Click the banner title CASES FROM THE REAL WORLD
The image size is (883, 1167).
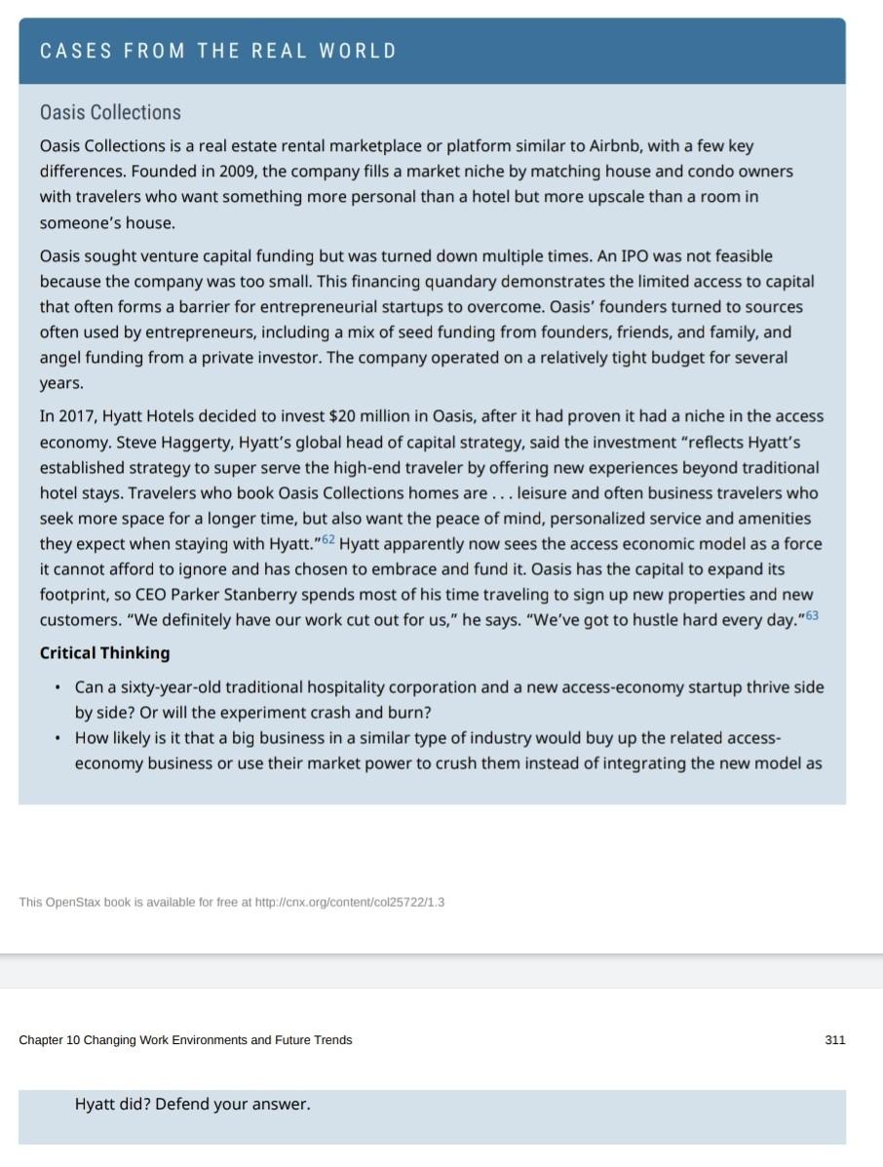pos(218,52)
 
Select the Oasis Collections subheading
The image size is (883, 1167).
pos(110,112)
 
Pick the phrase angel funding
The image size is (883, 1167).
pos(91,358)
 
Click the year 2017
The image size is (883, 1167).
pos(79,416)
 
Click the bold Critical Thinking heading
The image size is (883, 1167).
pos(104,653)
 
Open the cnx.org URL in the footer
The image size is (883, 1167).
pos(349,902)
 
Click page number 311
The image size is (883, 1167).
pos(834,1040)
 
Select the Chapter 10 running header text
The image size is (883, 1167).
pos(185,1040)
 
